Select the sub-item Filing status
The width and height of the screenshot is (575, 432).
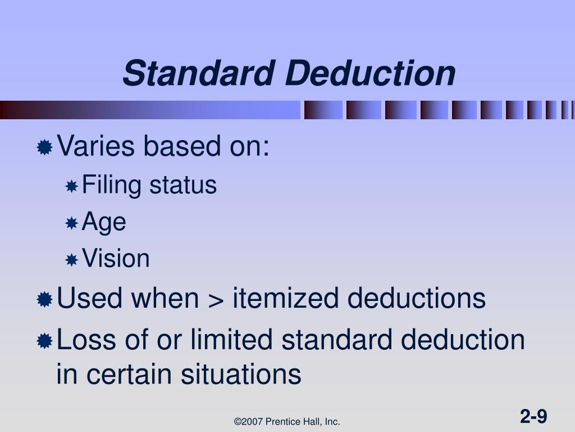[x=149, y=185]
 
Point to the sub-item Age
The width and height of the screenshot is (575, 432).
[x=104, y=222]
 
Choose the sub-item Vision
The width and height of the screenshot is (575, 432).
[x=116, y=259]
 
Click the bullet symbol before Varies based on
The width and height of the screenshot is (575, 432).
[x=44, y=148]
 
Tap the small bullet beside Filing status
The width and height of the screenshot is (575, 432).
[x=71, y=186]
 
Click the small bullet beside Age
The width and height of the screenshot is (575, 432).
[x=71, y=223]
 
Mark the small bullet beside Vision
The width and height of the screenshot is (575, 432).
[x=71, y=260]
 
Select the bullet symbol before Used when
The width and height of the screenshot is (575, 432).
[x=44, y=300]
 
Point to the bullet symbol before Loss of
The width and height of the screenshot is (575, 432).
[x=44, y=341]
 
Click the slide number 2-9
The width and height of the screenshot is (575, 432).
[x=533, y=417]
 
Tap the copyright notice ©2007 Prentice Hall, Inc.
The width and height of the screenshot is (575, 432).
[x=287, y=421]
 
